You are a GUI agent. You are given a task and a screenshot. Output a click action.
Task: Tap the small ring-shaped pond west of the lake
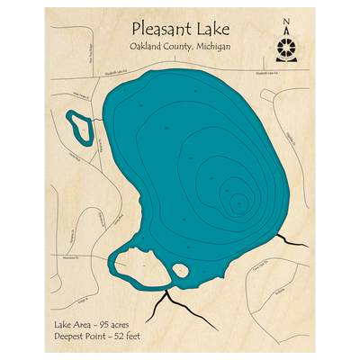[x=79, y=127]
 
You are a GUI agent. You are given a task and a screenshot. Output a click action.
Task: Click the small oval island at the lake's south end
[x=179, y=269]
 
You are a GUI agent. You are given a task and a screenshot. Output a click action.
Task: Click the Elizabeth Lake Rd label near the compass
[x=270, y=75]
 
